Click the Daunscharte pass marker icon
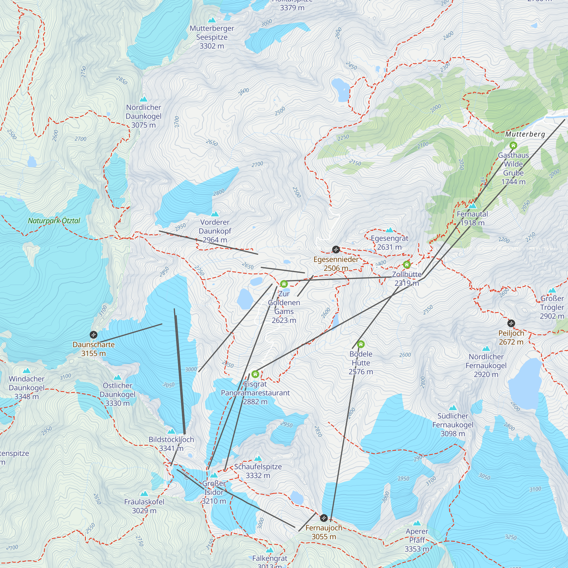(x=93, y=335)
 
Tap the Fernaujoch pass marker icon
(x=324, y=518)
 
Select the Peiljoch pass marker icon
(x=511, y=323)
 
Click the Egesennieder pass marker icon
(x=336, y=250)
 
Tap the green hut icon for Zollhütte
(x=407, y=265)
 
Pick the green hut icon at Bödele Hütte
(x=361, y=344)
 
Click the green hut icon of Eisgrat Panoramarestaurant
(x=255, y=374)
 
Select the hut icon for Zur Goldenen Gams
(x=284, y=284)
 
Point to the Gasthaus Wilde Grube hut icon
(x=513, y=145)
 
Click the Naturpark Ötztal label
(x=54, y=220)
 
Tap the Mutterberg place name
(x=525, y=134)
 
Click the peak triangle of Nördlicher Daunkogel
(x=143, y=99)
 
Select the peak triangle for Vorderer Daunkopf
(x=215, y=214)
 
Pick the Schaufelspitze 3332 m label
(x=258, y=471)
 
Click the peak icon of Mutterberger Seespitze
(x=212, y=20)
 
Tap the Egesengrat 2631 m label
(x=389, y=243)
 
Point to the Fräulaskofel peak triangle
(x=144, y=494)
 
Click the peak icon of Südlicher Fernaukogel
(x=453, y=408)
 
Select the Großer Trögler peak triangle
(x=552, y=290)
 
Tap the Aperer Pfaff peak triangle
(x=417, y=523)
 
